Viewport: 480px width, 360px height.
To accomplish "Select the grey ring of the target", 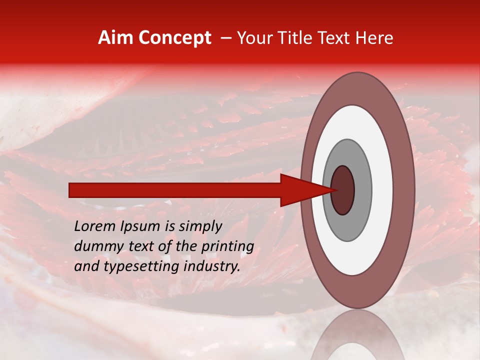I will coord(363,190).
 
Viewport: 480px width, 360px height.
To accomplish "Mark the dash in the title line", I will coord(225,38).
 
